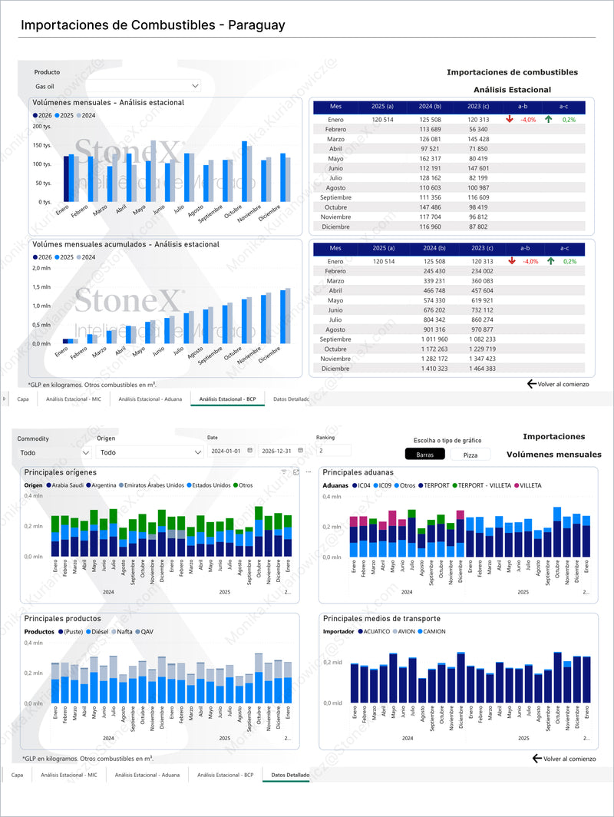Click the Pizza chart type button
pos(470,455)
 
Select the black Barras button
pos(424,455)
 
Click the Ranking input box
pos(333,451)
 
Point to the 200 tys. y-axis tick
pos(41,126)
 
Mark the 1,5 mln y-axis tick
pos(41,287)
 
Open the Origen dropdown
pos(149,453)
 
